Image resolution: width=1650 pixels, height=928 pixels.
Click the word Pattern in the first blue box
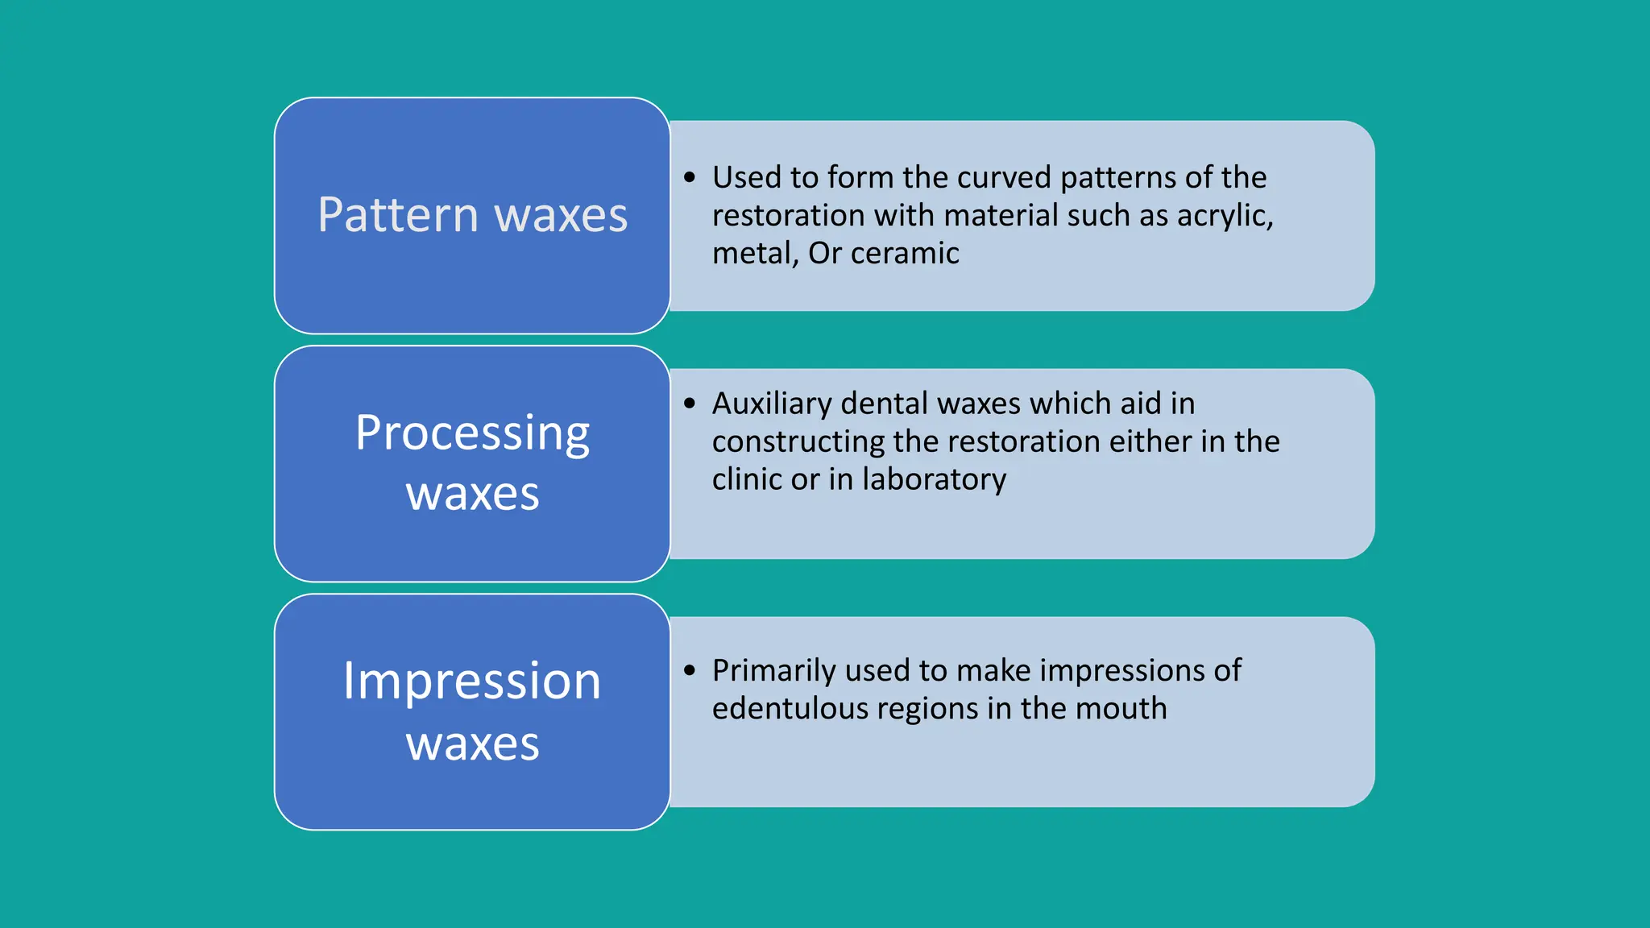click(x=398, y=215)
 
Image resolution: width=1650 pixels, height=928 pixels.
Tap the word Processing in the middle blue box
click(x=472, y=434)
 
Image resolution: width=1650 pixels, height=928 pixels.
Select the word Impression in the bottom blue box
click(x=472, y=681)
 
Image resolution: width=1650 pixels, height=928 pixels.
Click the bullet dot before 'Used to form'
click(x=690, y=177)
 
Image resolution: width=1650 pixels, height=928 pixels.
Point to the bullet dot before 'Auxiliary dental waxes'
click(x=690, y=403)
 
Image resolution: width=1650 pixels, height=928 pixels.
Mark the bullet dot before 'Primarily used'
click(x=690, y=670)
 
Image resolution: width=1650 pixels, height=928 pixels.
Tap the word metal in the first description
click(x=753, y=254)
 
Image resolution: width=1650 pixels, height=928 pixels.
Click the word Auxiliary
click(x=771, y=404)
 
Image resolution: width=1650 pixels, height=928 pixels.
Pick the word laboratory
click(x=934, y=479)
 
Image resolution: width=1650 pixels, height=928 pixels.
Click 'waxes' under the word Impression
click(x=472, y=744)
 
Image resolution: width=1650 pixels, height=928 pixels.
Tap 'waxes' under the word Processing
click(x=472, y=494)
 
